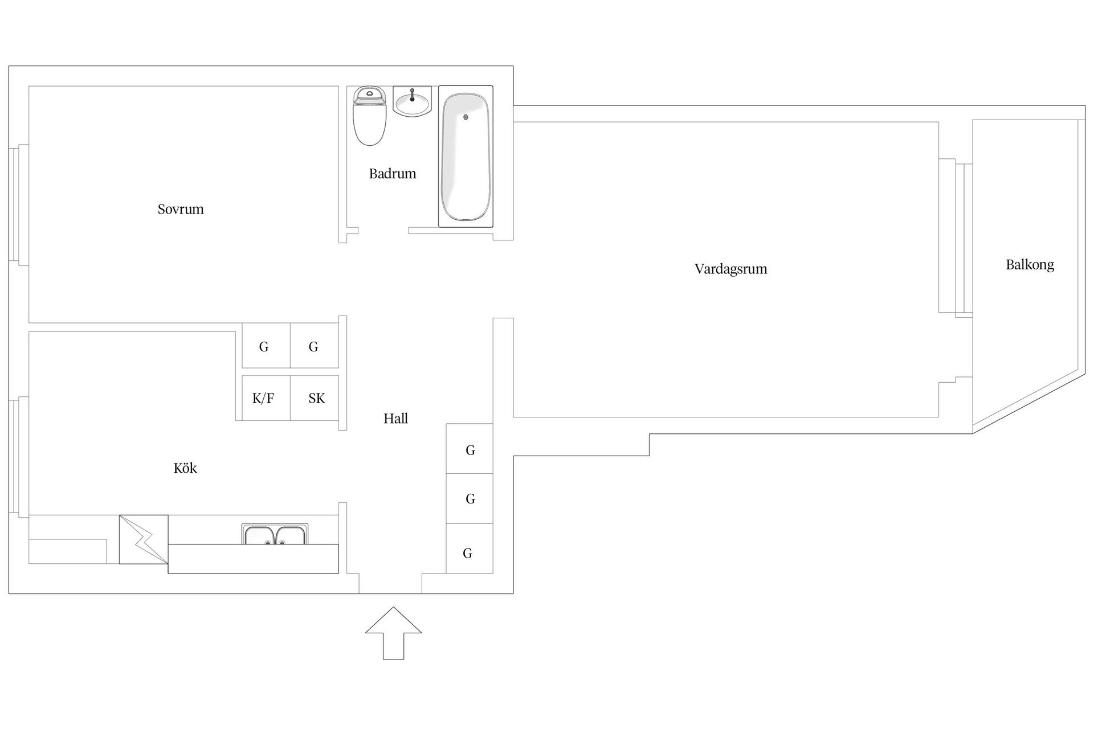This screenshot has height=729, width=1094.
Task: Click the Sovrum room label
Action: coord(181,209)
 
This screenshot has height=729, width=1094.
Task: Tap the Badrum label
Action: coord(393,174)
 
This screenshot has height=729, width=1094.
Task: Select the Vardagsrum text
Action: coord(731,269)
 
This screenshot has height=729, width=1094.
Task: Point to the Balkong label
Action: coord(1030,265)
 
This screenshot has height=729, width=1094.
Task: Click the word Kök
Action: coord(185,468)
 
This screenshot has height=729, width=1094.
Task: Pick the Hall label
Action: coord(395,419)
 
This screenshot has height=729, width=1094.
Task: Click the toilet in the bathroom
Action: coord(370,116)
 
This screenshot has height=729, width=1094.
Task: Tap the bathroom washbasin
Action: coord(412,101)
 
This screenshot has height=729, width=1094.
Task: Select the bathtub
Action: coord(466,157)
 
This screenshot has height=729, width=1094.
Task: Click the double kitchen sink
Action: coord(275,534)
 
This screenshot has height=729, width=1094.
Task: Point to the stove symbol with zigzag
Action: coord(144,539)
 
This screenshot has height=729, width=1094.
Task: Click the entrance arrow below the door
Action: coord(393,633)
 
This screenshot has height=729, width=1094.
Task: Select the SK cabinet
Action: coord(315,398)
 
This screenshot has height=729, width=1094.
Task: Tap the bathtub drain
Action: coord(466,117)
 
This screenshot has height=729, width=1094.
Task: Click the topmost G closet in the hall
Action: coord(470,449)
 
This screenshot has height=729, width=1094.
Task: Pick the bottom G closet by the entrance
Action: coord(470,548)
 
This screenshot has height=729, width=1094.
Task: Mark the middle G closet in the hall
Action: coord(470,498)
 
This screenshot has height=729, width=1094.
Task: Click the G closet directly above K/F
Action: coord(266,345)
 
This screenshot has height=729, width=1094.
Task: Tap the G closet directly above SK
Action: coord(315,345)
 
